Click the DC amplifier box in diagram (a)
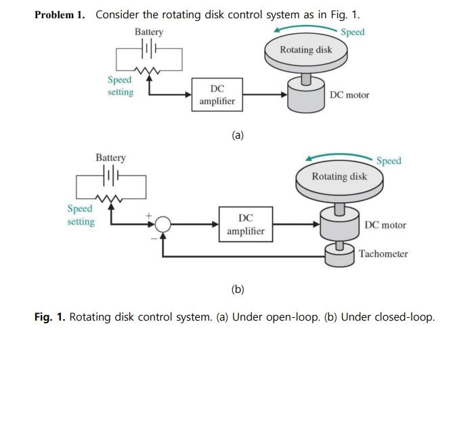pos(217,95)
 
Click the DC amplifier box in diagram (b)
pos(246,225)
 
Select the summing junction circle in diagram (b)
pos(163,225)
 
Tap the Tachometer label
pos(383,254)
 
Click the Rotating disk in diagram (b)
pos(339,177)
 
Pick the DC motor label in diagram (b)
pos(385,225)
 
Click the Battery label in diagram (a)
pos(148,32)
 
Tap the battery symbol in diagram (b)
pos(111,175)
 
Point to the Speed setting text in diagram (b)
pos(81,215)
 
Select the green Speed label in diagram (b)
pos(389,161)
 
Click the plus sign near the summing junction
pos(150,216)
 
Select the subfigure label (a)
pos(237,135)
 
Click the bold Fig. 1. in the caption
pos(49,317)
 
